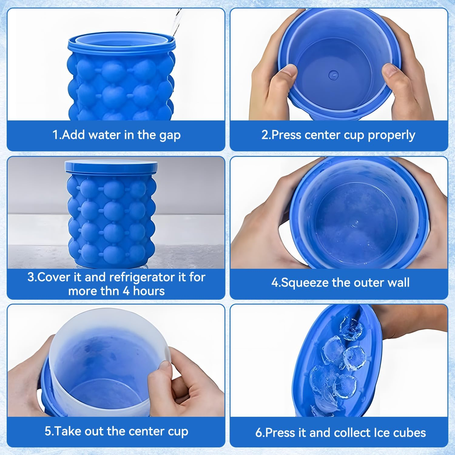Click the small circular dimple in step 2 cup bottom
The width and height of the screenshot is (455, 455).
coord(333,74)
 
